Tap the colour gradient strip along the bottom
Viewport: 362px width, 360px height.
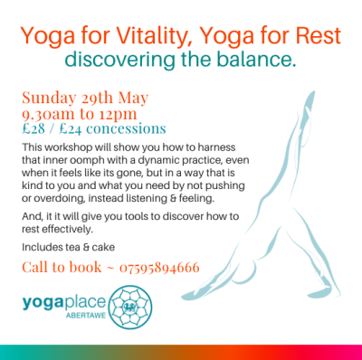[x=181, y=352]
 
